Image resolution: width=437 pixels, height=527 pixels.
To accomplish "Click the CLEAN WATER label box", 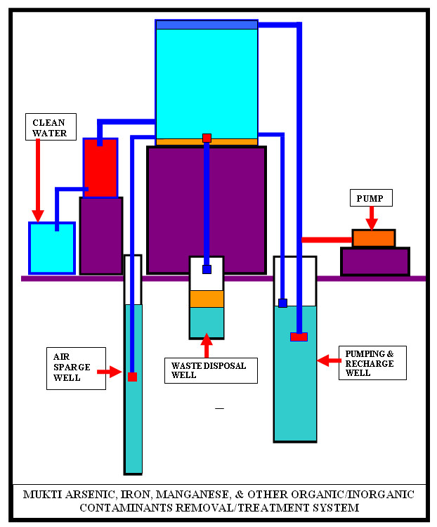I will tap(49, 127).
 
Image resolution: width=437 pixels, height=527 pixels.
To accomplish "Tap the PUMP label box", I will tap(370, 198).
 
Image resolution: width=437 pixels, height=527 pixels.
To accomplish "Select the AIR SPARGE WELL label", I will tap(76, 367).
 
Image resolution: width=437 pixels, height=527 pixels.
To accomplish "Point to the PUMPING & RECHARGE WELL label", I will tap(372, 363).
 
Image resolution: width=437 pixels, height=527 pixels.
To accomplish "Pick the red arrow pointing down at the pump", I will tap(372, 219).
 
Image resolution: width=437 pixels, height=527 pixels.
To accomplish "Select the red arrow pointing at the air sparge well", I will tap(111, 370).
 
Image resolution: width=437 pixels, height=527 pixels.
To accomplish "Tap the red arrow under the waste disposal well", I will tap(207, 346).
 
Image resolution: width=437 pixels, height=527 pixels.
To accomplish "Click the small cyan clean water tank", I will tap(51, 248).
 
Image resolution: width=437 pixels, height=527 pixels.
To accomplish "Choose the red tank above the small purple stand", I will tap(100, 168).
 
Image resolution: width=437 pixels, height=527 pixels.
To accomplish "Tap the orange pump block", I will tap(373, 239).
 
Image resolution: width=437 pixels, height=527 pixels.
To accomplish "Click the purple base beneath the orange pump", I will tap(374, 261).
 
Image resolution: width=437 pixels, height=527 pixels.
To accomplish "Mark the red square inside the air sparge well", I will tap(132, 377).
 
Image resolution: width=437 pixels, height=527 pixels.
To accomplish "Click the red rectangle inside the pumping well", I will tap(299, 337).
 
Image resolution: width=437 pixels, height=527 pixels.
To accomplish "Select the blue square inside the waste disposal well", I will tap(207, 269).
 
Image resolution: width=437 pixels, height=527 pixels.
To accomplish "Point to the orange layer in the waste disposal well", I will tap(207, 299).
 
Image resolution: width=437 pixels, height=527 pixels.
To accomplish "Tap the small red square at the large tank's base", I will tap(207, 138).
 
